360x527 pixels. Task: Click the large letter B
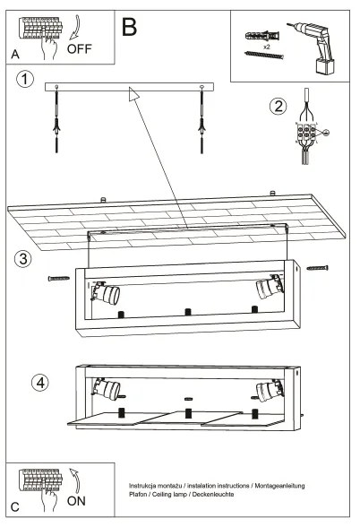tap(129, 25)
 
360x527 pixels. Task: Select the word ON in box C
tap(78, 502)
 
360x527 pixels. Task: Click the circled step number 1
tap(27, 80)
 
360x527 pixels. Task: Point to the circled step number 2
tap(279, 106)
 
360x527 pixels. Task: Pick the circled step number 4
tap(39, 382)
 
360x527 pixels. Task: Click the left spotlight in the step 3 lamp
tap(107, 293)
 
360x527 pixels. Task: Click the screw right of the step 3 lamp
tap(318, 267)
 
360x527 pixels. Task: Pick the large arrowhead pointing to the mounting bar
tap(134, 93)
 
